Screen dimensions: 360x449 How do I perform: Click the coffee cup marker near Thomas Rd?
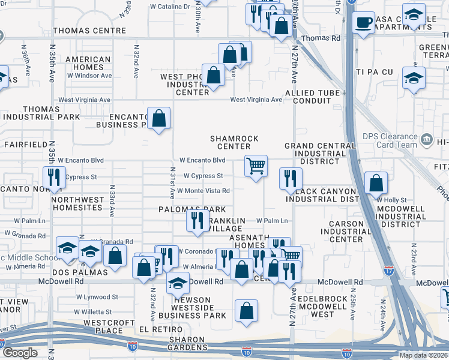click(x=364, y=23)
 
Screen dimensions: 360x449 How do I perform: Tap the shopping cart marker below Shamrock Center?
click(x=256, y=166)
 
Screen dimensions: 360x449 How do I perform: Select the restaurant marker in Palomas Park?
click(x=198, y=220)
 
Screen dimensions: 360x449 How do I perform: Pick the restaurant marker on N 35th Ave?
click(x=55, y=177)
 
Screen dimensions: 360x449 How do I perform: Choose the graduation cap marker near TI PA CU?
click(x=414, y=79)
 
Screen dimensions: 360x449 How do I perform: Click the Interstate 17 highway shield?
click(x=389, y=271)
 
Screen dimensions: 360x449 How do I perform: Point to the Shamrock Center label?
click(x=234, y=142)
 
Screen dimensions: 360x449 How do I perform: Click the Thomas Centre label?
click(x=89, y=31)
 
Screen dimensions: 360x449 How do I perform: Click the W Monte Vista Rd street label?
click(x=203, y=191)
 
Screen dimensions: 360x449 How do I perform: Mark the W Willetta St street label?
click(x=90, y=312)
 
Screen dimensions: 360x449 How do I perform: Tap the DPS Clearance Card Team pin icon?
click(x=427, y=140)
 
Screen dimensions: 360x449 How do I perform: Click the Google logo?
click(x=20, y=353)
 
